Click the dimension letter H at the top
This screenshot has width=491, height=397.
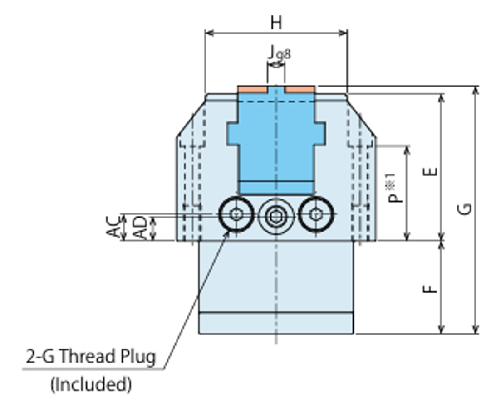276,22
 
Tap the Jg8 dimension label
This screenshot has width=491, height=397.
278,53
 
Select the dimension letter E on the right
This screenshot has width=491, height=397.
432,171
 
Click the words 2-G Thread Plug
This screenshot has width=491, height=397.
91,357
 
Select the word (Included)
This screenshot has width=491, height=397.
91,384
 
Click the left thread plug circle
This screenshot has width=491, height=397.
236,214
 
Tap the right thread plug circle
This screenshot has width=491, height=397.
316,214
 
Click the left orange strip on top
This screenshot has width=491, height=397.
252,89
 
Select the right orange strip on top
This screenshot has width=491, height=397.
300,89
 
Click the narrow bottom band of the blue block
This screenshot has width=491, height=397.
276,187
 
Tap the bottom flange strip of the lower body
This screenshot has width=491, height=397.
276,323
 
